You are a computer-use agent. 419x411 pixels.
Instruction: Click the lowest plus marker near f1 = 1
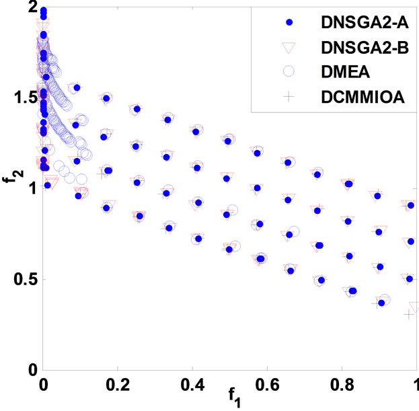[x=408, y=314]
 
